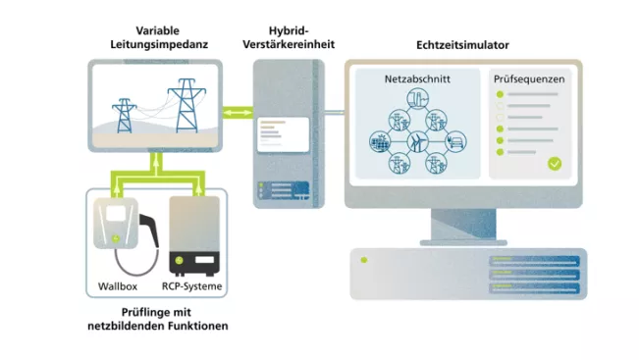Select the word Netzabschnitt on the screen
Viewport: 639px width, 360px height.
coord(417,79)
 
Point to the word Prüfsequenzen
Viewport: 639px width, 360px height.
coord(531,79)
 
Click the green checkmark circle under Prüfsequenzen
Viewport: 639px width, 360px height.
coord(555,164)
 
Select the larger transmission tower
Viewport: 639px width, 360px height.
coord(183,103)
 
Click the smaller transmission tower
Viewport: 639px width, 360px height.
coord(125,115)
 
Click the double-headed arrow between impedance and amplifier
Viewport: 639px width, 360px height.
coord(237,115)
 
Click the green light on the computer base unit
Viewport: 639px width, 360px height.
coord(363,260)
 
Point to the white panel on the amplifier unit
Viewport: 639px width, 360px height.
coord(278,134)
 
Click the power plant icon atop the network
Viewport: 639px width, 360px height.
coord(417,102)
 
